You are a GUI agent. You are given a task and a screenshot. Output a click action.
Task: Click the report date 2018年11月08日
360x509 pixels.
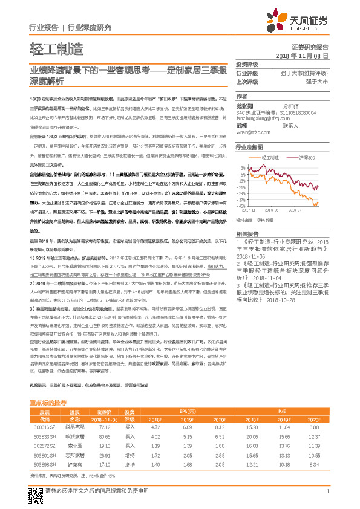[x=302, y=55]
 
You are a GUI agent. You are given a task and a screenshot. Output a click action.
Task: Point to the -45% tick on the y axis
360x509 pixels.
[x=242, y=206]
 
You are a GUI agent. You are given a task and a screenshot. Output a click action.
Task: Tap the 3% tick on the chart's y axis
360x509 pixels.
[x=243, y=167]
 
